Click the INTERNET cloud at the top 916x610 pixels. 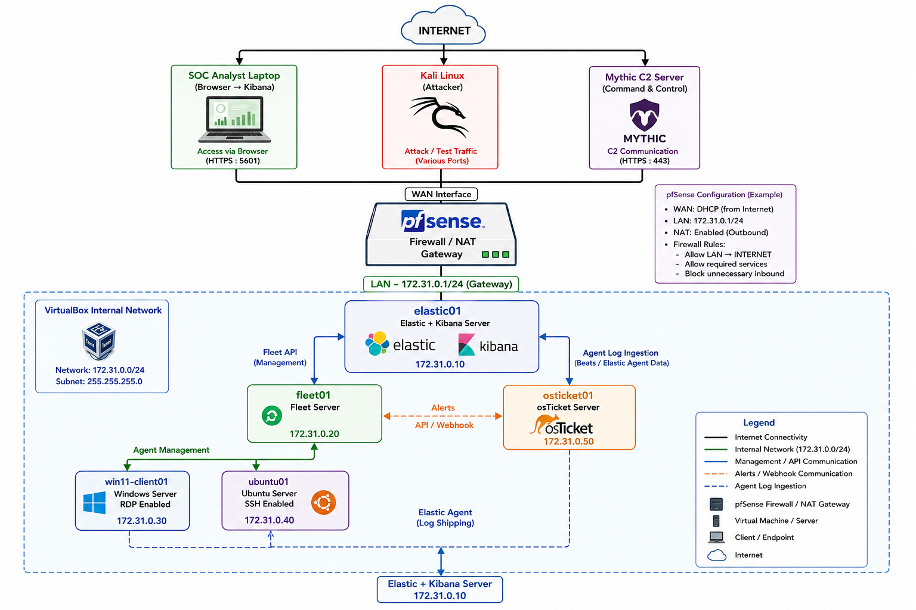tap(443, 26)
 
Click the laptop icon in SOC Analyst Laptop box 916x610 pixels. tap(234, 119)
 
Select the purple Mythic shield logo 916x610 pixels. tap(645, 114)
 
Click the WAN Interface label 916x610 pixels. tap(441, 194)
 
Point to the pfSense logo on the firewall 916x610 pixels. tap(442, 221)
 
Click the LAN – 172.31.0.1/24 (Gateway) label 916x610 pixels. tap(441, 284)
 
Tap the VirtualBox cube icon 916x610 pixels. tap(99, 340)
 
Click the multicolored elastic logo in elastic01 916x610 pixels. tap(377, 344)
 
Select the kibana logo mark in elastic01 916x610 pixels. tap(466, 344)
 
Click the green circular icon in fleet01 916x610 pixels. tap(271, 416)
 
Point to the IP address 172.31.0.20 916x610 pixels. tap(314, 434)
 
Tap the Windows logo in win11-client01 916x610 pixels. tap(94, 503)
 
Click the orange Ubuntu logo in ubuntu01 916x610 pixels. tap(323, 502)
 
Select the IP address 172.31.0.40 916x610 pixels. tap(269, 520)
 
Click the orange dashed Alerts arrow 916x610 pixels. tap(442, 416)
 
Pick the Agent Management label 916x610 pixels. tap(171, 450)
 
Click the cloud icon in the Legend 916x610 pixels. tap(716, 555)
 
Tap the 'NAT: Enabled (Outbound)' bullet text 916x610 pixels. tap(720, 232)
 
